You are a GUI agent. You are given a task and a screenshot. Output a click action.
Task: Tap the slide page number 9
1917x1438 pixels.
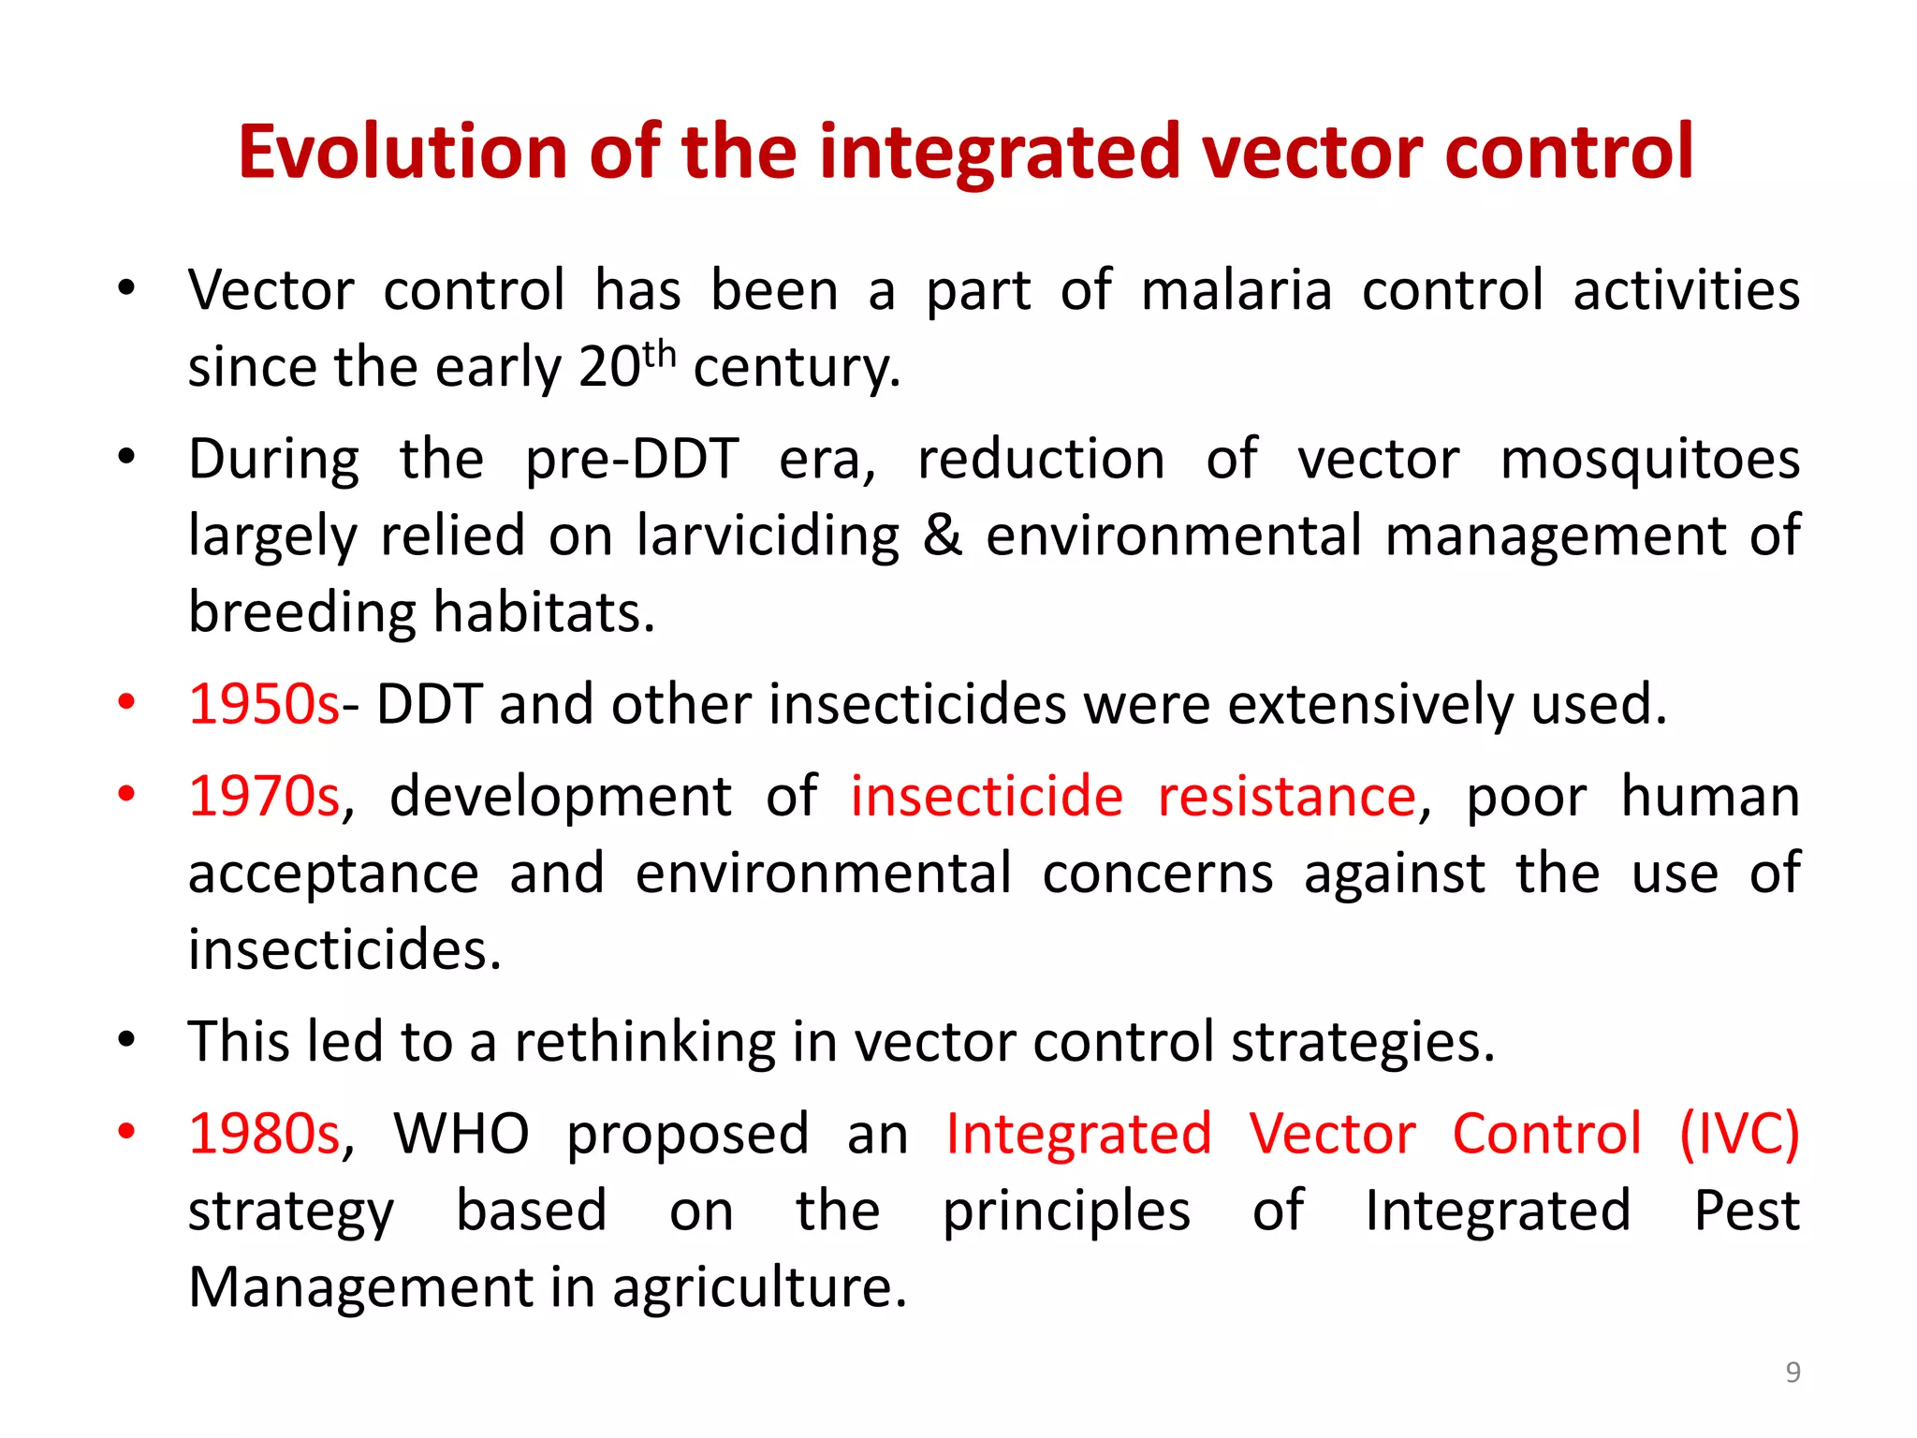1793,1372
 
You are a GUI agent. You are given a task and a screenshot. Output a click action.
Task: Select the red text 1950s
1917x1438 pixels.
264,704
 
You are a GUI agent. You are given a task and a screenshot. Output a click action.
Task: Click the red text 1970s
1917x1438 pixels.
264,797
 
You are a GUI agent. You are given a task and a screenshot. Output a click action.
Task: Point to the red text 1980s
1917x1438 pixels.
264,1134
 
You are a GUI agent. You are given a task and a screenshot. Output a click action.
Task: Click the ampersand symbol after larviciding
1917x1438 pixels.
942,536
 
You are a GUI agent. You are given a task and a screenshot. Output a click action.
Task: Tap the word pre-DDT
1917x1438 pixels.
632,461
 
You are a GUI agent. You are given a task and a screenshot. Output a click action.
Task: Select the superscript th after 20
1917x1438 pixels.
659,355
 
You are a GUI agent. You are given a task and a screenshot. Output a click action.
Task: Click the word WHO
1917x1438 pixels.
461,1134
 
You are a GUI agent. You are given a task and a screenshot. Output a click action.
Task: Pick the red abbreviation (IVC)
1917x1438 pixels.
1739,1134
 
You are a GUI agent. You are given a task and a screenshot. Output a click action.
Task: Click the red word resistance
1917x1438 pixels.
1287,797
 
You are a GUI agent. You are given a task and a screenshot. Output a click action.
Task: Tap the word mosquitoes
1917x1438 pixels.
1649,461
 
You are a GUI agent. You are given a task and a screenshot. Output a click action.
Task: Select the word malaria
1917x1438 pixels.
1237,290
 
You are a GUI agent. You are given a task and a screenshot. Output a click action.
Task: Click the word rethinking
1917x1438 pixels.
644,1042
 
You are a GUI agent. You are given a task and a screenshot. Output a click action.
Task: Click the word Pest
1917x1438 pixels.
1747,1211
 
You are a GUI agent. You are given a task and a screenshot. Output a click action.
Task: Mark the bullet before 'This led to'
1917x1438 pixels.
127,1039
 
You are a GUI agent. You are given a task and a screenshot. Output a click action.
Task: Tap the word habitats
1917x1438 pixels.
543,612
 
